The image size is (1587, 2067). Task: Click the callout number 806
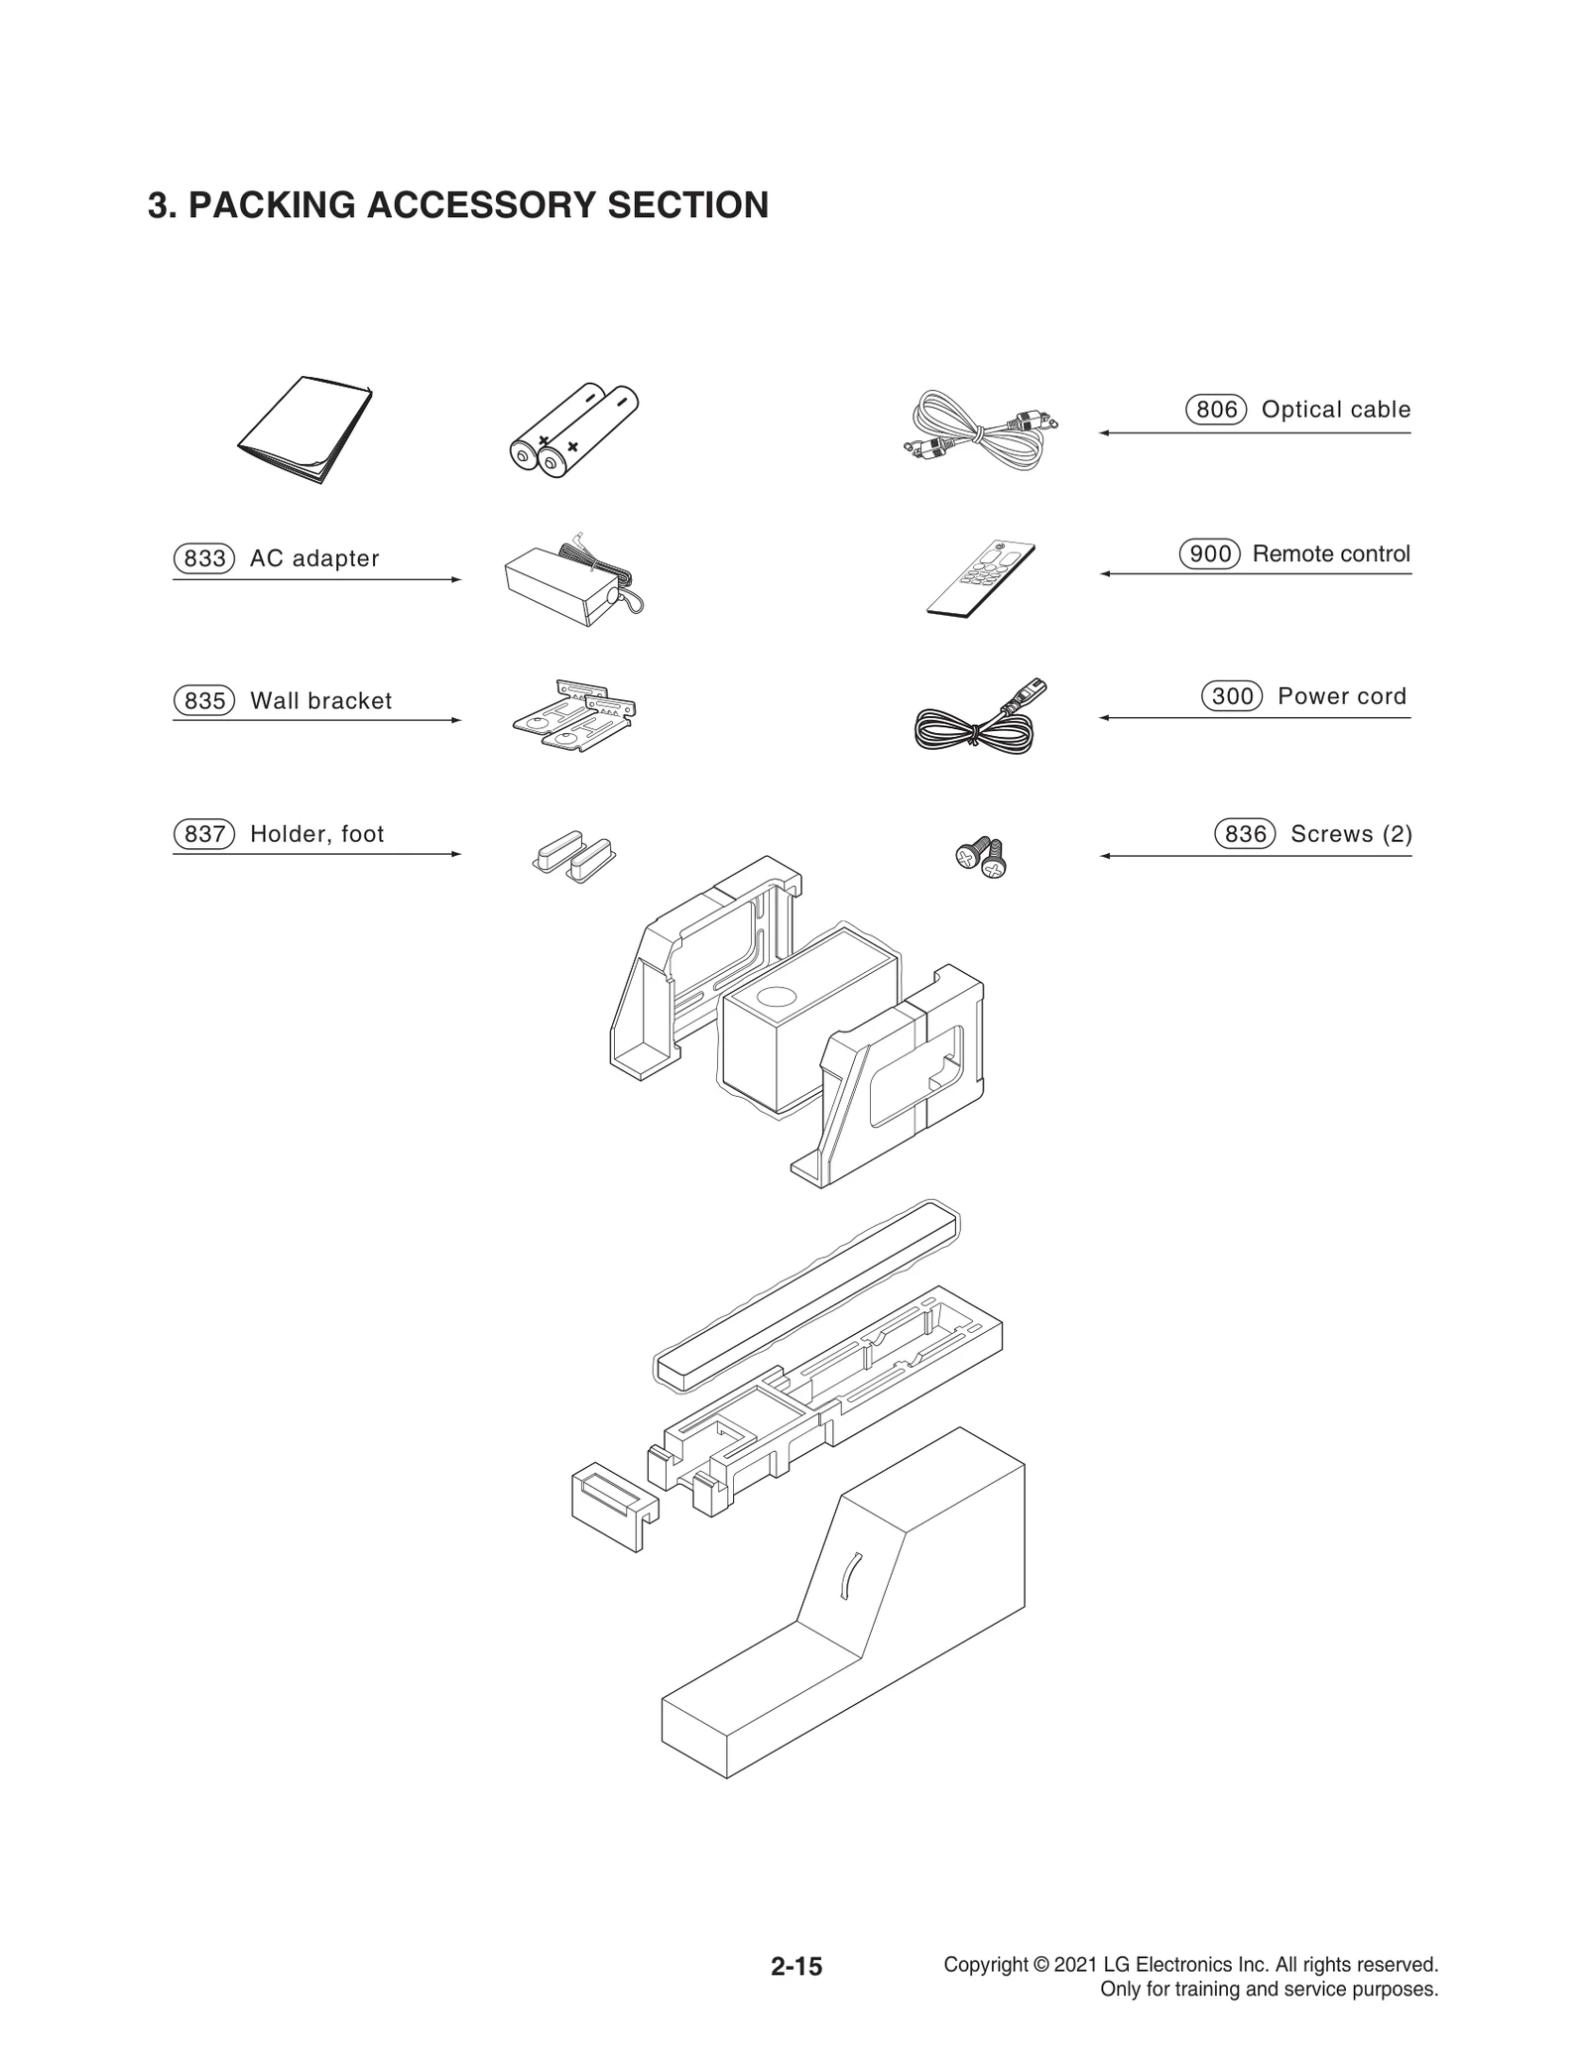tap(1216, 410)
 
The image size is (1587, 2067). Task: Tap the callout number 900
tap(1209, 553)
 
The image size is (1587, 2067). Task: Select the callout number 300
tap(1232, 696)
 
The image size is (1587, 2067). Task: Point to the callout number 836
tap(1245, 834)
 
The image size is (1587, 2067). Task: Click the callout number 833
tap(204, 558)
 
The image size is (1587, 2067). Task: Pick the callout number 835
tap(204, 701)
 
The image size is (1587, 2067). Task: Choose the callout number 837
tap(204, 834)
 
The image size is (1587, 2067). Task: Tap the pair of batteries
tap(573, 429)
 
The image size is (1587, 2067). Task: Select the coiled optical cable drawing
tap(980, 429)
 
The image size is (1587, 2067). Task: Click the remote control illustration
tap(980, 579)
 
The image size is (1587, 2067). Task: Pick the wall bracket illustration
tap(573, 714)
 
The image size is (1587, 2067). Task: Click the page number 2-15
tap(796, 1966)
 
